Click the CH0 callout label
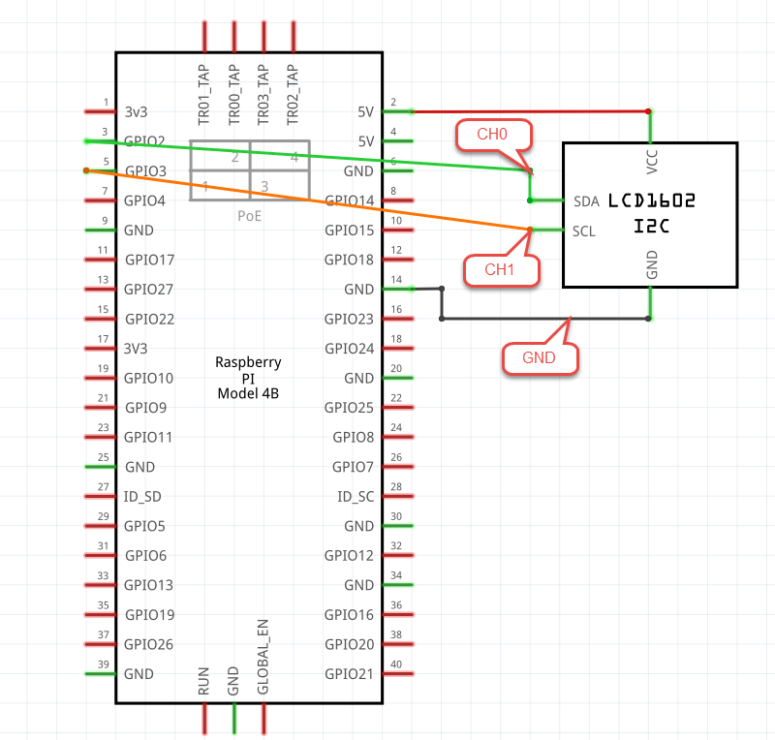pos(493,135)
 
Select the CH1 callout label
pos(499,270)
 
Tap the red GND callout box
pos(539,357)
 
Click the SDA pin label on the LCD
pos(586,201)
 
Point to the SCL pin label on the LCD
pos(584,231)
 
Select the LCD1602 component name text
pos(652,200)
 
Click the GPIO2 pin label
pos(145,141)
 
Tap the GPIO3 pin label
pos(145,171)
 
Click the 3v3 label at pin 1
pos(137,111)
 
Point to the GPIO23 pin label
pos(349,319)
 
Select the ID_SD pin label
pos(143,497)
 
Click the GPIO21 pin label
pos(349,674)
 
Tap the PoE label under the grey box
pos(250,216)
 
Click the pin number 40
pos(394,663)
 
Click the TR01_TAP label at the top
pos(204,95)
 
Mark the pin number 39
pos(103,663)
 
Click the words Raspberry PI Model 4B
pos(248,378)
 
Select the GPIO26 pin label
pos(149,644)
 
